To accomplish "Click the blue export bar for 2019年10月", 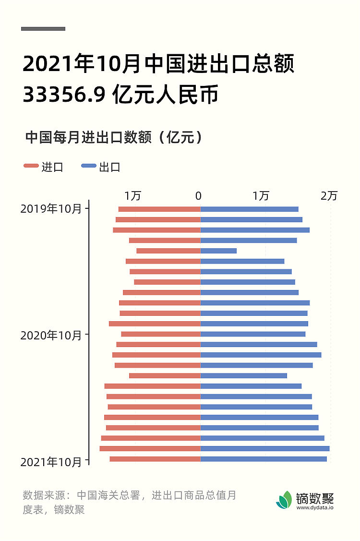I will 249,209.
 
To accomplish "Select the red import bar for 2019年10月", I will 159,209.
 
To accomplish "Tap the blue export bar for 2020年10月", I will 252,334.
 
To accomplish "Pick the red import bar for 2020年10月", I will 160,334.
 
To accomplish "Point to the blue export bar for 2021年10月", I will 264,459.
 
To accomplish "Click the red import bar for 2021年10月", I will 155,459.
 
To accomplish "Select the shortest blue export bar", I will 218,251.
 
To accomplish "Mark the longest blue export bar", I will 265,448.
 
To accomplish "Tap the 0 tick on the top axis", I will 199,196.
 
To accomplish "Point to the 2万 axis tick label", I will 329,196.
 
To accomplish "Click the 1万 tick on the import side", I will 133,196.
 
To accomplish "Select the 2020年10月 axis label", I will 51,336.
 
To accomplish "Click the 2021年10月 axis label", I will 51,462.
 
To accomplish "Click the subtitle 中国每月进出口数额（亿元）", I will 113,137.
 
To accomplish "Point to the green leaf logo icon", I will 284,500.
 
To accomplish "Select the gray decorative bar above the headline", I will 43,29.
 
